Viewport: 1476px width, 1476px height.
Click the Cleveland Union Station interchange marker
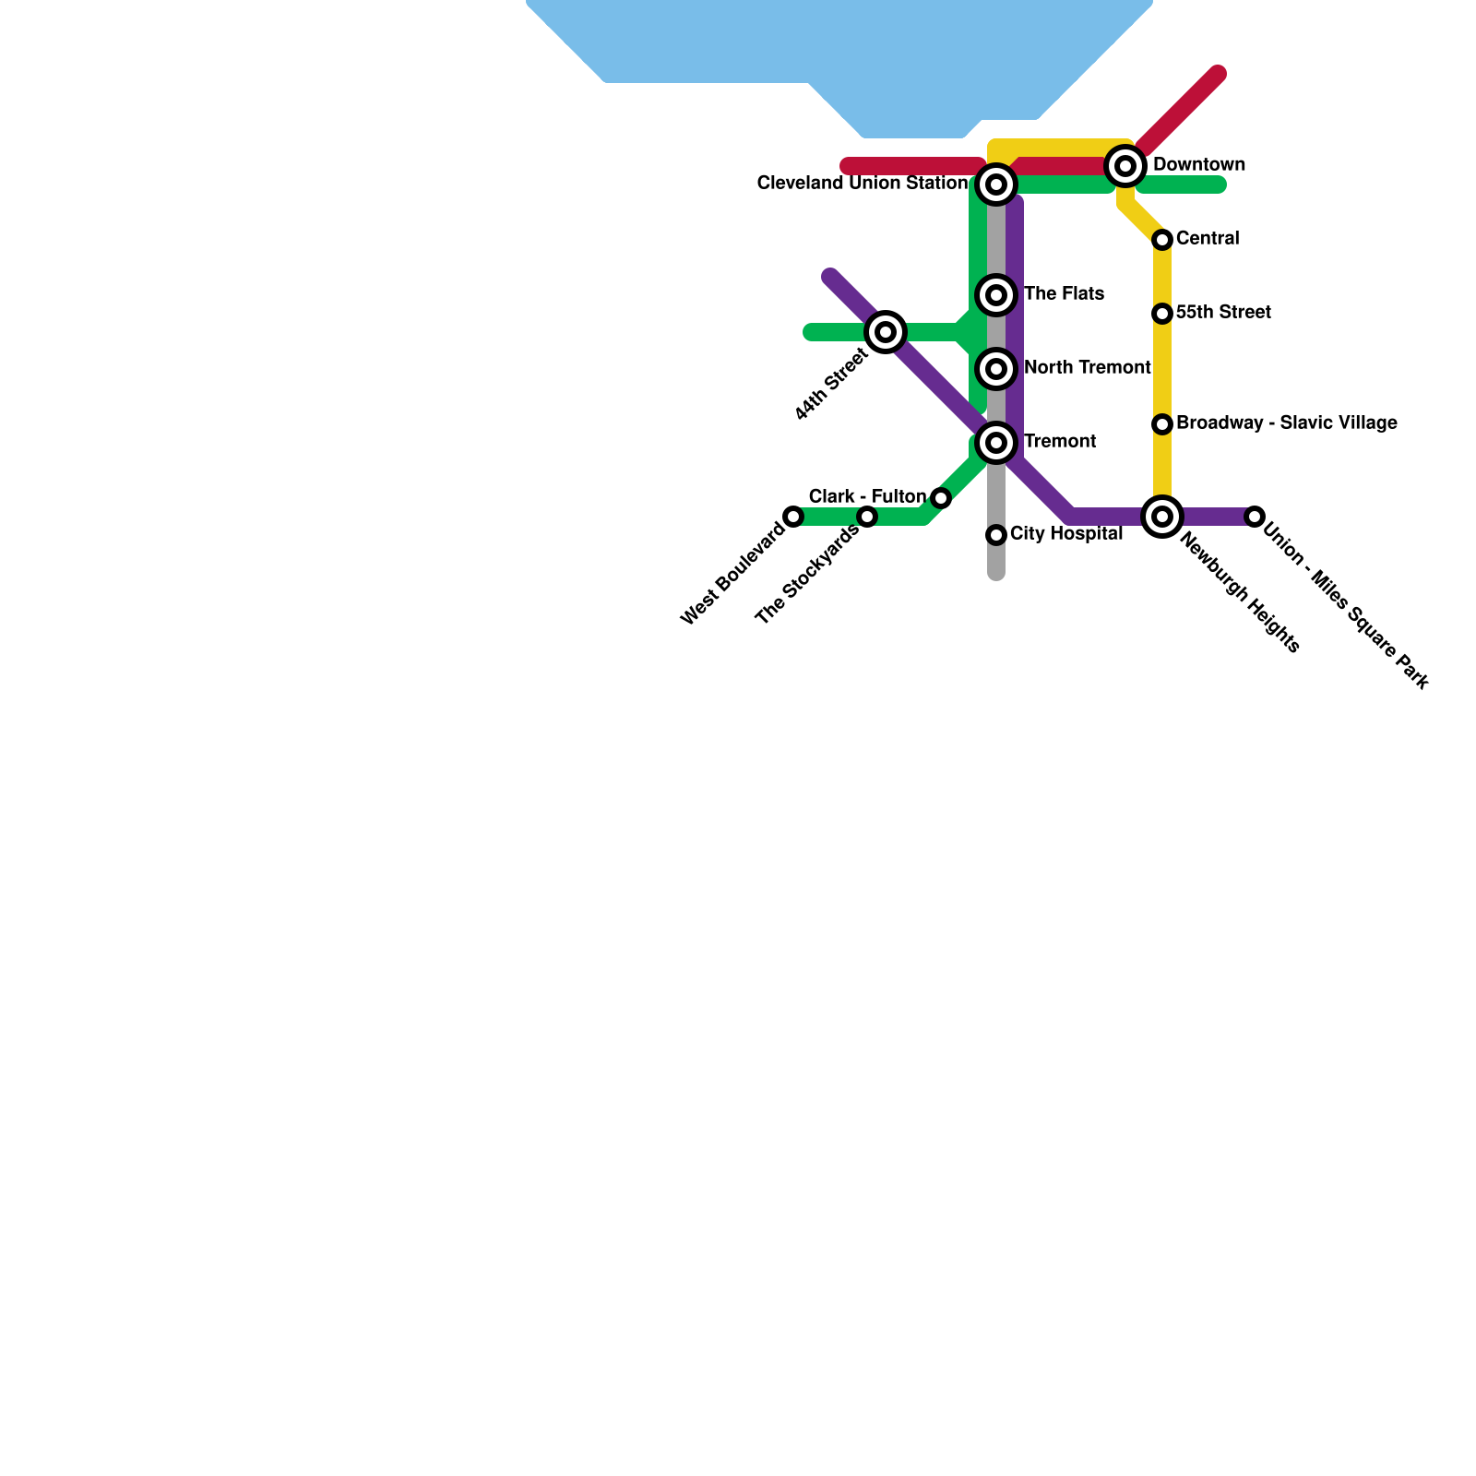(x=996, y=184)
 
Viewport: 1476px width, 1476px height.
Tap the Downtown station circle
(x=1125, y=166)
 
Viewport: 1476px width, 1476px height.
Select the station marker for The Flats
(x=996, y=295)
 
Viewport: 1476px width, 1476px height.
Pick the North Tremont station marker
(x=996, y=369)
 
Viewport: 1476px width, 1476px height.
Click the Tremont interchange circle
(x=996, y=443)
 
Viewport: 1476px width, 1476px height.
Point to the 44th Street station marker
(x=886, y=332)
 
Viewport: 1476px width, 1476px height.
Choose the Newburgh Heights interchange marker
(x=1162, y=517)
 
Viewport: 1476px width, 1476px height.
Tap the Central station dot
(x=1162, y=240)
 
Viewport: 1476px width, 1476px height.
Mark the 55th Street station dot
(x=1162, y=314)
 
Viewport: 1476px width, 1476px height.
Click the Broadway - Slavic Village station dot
(x=1162, y=424)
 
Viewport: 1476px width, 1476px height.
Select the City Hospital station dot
(x=996, y=535)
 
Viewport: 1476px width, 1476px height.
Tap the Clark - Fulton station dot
(x=941, y=498)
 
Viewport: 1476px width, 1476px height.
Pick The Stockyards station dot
(x=867, y=517)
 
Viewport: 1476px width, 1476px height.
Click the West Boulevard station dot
(x=793, y=517)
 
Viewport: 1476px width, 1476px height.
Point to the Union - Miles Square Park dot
(x=1255, y=517)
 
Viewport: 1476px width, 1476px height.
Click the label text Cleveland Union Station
(x=862, y=184)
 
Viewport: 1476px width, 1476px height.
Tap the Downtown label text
(x=1199, y=165)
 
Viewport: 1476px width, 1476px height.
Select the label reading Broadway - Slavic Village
(x=1287, y=423)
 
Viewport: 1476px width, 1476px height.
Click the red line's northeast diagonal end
(x=1218, y=74)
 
